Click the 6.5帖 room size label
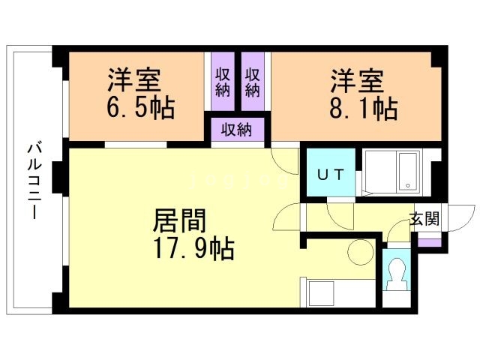pyautogui.click(x=141, y=108)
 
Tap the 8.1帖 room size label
pyautogui.click(x=364, y=108)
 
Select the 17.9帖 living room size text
pyautogui.click(x=193, y=248)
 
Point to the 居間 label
pyautogui.click(x=179, y=220)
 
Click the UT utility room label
pyautogui.click(x=331, y=175)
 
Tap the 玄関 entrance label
pyautogui.click(x=425, y=218)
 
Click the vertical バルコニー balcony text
pyautogui.click(x=34, y=181)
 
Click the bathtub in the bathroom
pyautogui.click(x=408, y=172)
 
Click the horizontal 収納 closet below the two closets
pyautogui.click(x=238, y=130)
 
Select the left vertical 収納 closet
pyautogui.click(x=223, y=82)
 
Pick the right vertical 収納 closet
pyautogui.click(x=253, y=82)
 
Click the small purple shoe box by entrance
pyautogui.click(x=430, y=242)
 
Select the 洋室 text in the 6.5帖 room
pyautogui.click(x=134, y=80)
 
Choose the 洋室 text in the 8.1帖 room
pyautogui.click(x=357, y=81)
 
